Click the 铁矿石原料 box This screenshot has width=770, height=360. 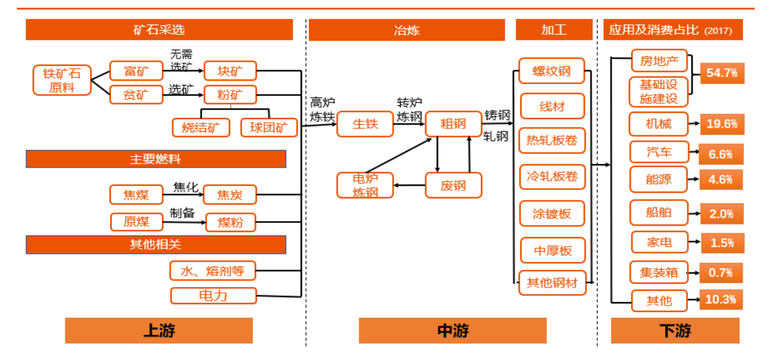click(62, 80)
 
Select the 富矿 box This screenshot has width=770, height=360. click(136, 71)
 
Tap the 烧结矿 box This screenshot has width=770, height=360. click(201, 127)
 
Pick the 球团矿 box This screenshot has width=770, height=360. click(269, 127)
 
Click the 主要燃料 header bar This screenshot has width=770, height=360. click(156, 159)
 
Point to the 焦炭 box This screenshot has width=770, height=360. click(229, 195)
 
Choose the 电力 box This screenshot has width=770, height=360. click(213, 295)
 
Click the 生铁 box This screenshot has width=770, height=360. click(365, 124)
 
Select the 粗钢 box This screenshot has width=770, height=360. click(453, 124)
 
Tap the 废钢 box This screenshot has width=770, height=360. click(453, 185)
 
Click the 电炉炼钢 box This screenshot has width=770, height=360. click(365, 185)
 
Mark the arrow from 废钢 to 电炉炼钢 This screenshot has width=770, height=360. click(409, 185)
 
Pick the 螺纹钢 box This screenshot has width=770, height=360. click(551, 71)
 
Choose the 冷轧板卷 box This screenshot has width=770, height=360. click(552, 177)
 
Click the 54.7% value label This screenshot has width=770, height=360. click(722, 73)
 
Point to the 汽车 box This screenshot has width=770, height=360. click(659, 152)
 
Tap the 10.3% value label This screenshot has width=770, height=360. click(720, 300)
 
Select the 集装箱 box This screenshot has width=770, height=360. click(658, 272)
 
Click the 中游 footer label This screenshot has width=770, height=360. click(452, 331)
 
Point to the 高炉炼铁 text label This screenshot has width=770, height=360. click(322, 109)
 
